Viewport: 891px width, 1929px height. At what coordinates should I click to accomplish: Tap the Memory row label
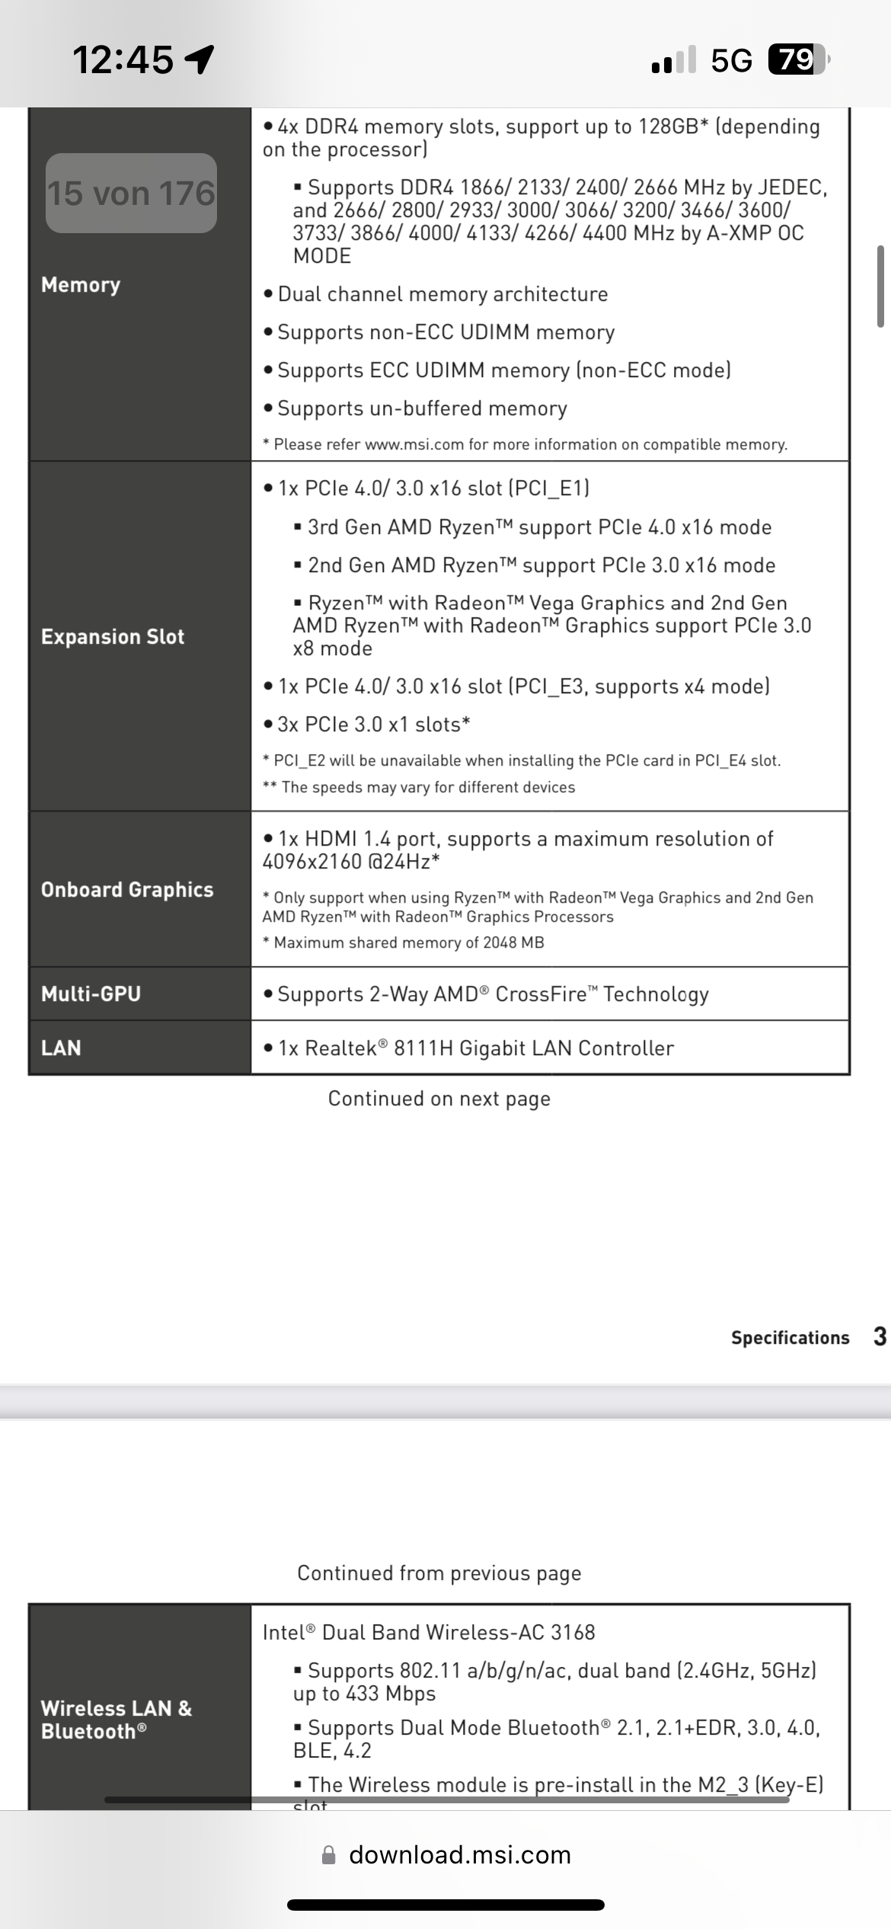(x=81, y=285)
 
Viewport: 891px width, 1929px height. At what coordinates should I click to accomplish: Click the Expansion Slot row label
(x=113, y=637)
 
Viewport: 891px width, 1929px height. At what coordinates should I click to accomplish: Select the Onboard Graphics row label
(x=127, y=890)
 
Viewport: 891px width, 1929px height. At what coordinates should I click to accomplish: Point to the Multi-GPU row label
(x=91, y=994)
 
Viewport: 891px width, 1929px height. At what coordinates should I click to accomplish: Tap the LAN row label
(x=61, y=1048)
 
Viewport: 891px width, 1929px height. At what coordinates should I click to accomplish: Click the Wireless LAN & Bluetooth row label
(x=116, y=1720)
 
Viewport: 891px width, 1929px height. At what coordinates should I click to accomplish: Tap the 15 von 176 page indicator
(x=131, y=194)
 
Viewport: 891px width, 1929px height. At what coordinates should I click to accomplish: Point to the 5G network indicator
(x=731, y=60)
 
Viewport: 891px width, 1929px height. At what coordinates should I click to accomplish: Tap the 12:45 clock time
(x=123, y=59)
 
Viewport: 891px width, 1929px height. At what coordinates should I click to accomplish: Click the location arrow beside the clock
(x=200, y=59)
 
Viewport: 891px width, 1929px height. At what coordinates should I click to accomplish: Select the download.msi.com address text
(x=460, y=1854)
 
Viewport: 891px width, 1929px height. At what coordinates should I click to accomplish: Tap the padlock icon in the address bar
(x=329, y=1854)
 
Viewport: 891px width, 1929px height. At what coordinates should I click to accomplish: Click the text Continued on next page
(x=439, y=1099)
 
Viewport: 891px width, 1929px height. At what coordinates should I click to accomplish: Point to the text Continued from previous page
(x=439, y=1573)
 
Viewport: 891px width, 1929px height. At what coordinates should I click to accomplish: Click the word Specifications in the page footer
(x=790, y=1338)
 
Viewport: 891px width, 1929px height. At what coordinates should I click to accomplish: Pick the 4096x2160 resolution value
(x=312, y=862)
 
